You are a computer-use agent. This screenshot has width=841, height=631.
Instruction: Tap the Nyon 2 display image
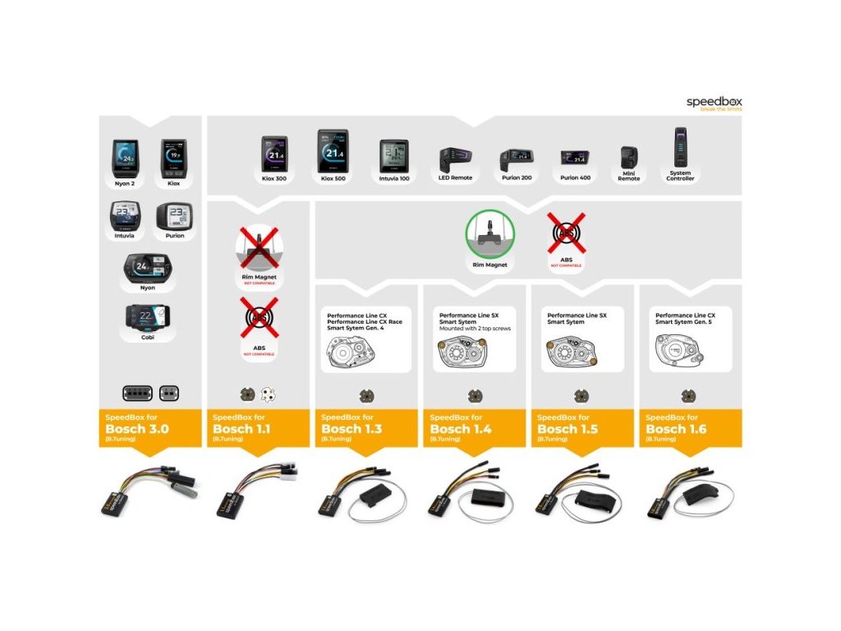coord(126,156)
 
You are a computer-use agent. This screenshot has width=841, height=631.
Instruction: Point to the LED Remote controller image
coord(454,159)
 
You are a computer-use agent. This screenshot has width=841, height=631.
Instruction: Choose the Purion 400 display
coord(575,157)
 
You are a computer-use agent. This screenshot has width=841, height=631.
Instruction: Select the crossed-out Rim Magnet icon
coord(259,248)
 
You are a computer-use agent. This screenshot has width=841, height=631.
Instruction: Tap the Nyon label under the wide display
coord(148,288)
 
